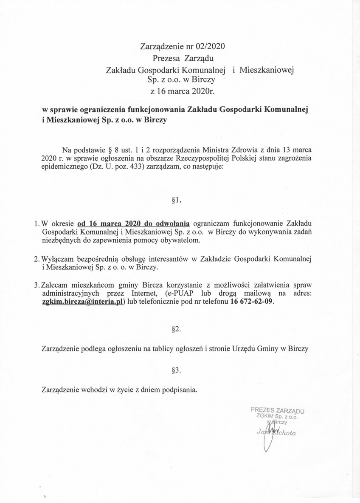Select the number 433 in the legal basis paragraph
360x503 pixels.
127,167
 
